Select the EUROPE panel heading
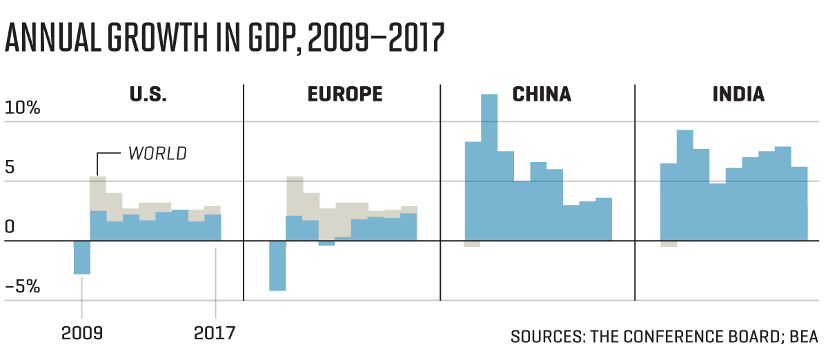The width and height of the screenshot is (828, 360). [x=344, y=94]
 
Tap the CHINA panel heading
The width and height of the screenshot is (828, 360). [x=542, y=94]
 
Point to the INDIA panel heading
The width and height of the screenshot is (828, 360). [x=738, y=94]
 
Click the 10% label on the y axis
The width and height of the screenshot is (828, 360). [x=22, y=108]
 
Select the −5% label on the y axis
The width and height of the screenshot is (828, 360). [x=22, y=286]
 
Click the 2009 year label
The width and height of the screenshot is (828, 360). [x=81, y=333]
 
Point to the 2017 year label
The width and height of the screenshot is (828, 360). [x=215, y=333]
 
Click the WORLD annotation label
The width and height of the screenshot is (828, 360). [x=157, y=153]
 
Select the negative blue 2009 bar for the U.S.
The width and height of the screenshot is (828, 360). [x=82, y=258]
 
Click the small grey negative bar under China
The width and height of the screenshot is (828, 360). [x=472, y=244]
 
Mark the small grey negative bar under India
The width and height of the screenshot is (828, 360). [x=669, y=244]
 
